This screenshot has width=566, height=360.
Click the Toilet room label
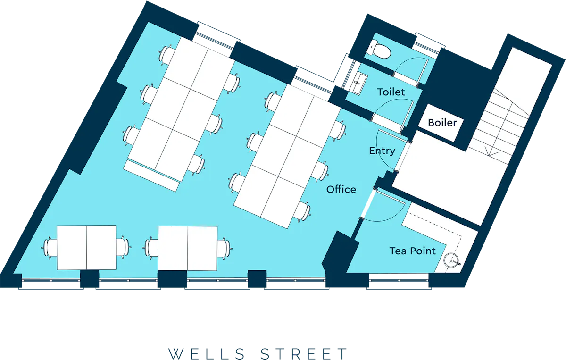(391, 92)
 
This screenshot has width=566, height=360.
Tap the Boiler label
(442, 123)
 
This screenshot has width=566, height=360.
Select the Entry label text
(382, 151)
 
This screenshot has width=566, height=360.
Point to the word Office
(341, 189)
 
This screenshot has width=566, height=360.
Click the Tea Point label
(412, 251)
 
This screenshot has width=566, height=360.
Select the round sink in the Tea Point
(452, 260)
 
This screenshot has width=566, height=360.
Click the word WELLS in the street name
(206, 354)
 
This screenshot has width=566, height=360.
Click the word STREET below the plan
(303, 354)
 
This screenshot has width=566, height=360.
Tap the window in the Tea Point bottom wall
(399, 281)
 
